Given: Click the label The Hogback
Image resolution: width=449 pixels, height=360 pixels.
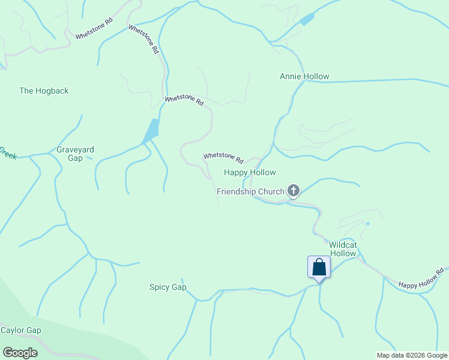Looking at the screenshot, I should pos(44,91).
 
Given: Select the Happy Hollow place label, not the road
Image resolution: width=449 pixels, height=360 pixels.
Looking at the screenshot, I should pos(250,173).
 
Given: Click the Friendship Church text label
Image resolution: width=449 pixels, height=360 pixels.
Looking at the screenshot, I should pos(250,191).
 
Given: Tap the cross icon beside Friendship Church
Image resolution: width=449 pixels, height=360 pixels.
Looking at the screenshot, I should pos(294,191).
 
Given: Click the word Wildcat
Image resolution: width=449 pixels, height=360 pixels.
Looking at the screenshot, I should pos(343,245).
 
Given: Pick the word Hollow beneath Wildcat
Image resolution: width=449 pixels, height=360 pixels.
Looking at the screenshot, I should pos(343,253).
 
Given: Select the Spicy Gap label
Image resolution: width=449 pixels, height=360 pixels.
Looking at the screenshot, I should pos(168,287).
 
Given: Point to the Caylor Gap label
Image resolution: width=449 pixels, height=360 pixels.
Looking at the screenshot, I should pos(20,331).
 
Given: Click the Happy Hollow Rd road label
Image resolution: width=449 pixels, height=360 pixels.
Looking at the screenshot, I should pos(421,278).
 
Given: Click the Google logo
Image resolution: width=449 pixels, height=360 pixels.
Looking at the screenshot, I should pos(20,353).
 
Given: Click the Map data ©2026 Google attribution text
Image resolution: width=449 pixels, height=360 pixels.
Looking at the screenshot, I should pos(412,355).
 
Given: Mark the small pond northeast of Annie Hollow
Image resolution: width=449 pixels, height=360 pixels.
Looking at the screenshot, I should pos(307,19).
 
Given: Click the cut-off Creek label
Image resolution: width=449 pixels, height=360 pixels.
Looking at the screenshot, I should pos(7,153).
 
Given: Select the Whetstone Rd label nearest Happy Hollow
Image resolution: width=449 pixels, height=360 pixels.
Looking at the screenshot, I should pos(223,158).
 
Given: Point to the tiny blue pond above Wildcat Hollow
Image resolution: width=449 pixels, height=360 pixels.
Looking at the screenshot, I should pos(367,224).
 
